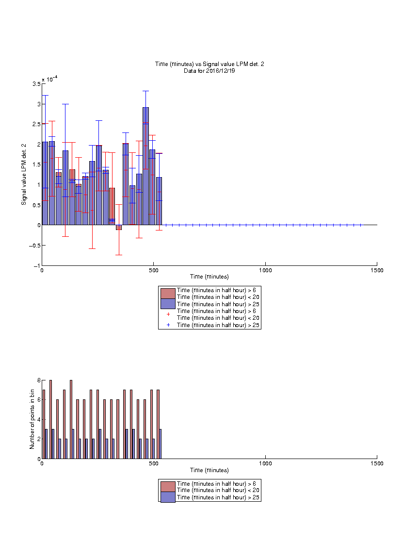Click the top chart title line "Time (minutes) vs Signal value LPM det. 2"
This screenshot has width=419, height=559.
(209, 64)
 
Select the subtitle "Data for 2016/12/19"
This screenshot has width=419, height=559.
(209, 70)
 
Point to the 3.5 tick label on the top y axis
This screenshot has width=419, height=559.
(36, 84)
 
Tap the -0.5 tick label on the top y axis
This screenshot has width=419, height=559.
(34, 245)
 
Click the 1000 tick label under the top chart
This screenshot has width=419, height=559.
(265, 270)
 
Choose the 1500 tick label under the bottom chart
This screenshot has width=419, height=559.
(377, 463)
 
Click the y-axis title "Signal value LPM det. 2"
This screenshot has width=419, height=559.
(24, 174)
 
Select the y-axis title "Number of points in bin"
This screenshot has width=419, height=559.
(32, 419)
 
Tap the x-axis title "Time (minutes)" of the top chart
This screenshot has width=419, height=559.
(209, 277)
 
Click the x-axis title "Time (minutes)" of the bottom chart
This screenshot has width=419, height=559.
(209, 470)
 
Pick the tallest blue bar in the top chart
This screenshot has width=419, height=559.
(145, 166)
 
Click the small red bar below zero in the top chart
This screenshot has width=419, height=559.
(119, 228)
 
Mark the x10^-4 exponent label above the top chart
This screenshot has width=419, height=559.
(50, 79)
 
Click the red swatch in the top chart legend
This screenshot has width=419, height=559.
(168, 294)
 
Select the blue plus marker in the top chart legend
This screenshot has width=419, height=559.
(168, 325)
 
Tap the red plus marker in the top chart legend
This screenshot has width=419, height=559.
(168, 314)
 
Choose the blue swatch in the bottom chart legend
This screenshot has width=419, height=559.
(168, 497)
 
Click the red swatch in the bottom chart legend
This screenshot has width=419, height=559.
(168, 487)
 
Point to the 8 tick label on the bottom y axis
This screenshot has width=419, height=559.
(39, 380)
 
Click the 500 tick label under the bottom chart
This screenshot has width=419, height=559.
(154, 463)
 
